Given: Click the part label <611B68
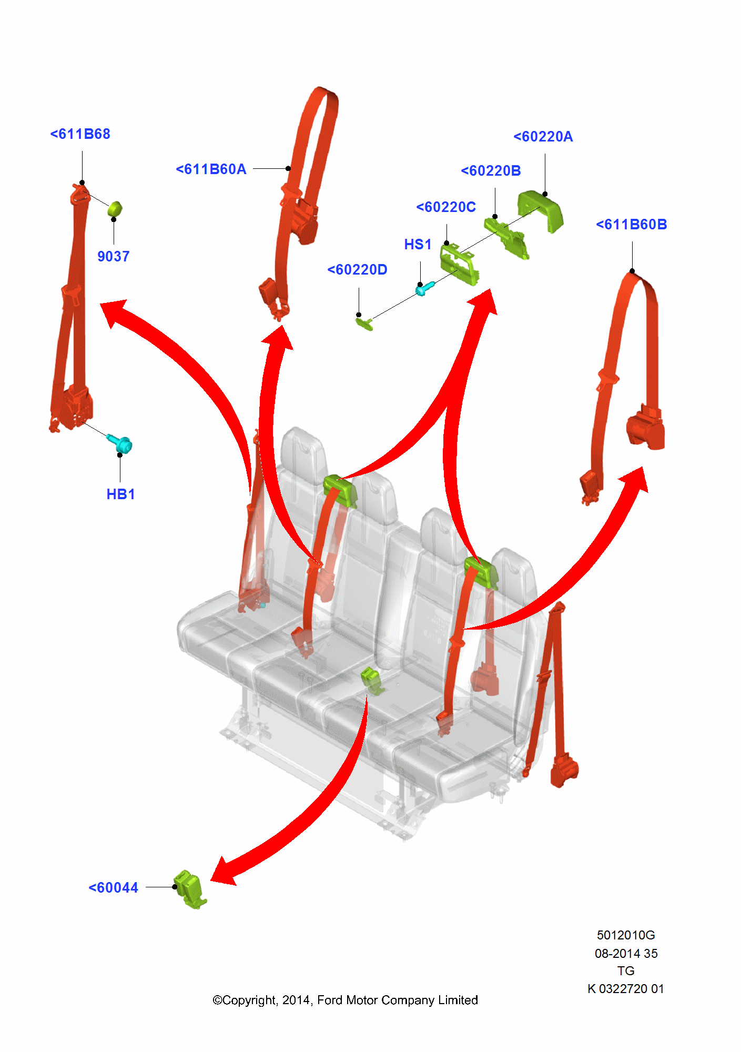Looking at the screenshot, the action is pos(80,134).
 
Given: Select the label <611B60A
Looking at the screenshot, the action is pos(211,169).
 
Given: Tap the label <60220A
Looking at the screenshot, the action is pos(543,137).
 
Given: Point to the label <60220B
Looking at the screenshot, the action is pos(491,171).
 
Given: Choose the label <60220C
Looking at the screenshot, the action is pos(446,207).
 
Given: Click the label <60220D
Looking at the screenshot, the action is pos(357,270).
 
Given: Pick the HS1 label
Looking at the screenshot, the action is pos(418,245).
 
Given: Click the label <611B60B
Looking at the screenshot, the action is pos(632,225).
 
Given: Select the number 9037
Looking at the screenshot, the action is pos(113,257).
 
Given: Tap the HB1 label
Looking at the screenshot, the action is pos(120,494).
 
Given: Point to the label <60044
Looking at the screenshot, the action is pos(113,888).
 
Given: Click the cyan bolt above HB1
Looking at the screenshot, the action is pos(120,444).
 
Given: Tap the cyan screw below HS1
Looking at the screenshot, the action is pos(424,288).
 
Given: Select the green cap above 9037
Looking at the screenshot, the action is pos(115,209).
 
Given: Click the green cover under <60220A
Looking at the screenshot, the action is pos(541,210).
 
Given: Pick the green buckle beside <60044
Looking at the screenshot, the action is pos(190,889).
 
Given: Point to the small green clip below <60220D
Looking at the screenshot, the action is pos(364,323).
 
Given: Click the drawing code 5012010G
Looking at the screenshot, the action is pos(626,935).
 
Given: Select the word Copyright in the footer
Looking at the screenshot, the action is pos(249,1000).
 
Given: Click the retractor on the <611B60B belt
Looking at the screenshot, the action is pos(646,428).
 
